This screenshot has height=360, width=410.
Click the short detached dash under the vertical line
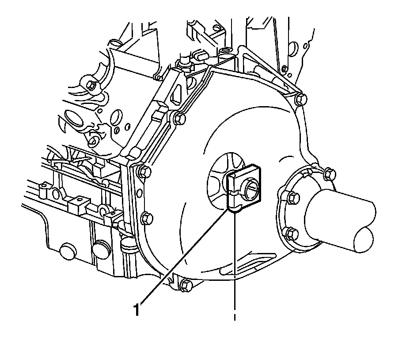(x=234, y=317)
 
